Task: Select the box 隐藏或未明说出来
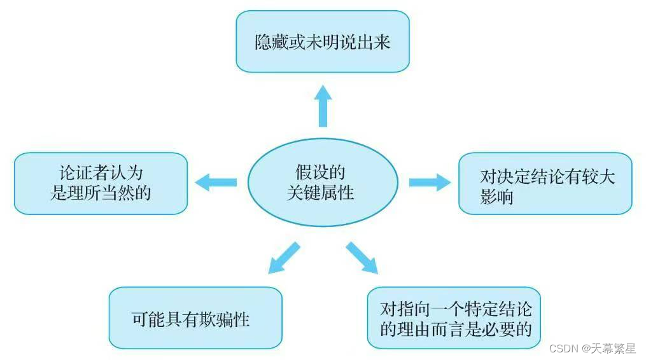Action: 322,41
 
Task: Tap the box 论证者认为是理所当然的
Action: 101,183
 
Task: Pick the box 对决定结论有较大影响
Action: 545,183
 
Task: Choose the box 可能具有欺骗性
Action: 195,317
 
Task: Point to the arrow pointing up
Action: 323,106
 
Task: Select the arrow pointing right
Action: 430,183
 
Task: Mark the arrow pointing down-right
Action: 361,257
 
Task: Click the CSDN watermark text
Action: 561,349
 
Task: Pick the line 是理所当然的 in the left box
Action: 101,193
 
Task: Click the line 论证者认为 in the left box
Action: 101,173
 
